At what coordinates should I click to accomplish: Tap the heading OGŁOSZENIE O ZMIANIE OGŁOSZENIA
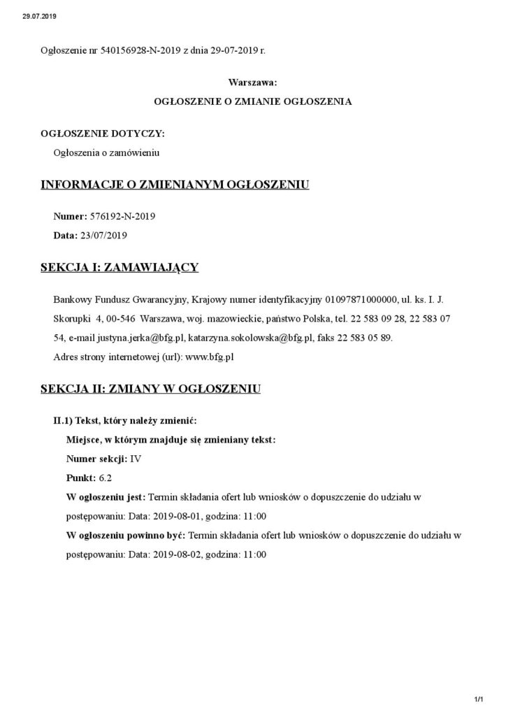(x=252, y=101)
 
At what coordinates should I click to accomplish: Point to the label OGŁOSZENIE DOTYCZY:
(x=103, y=133)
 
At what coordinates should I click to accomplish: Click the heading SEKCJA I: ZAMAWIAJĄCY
(x=120, y=267)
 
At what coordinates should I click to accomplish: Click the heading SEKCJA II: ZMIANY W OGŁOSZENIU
(x=151, y=388)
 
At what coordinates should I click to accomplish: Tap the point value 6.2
(x=106, y=478)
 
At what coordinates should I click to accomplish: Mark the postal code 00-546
(x=120, y=320)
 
